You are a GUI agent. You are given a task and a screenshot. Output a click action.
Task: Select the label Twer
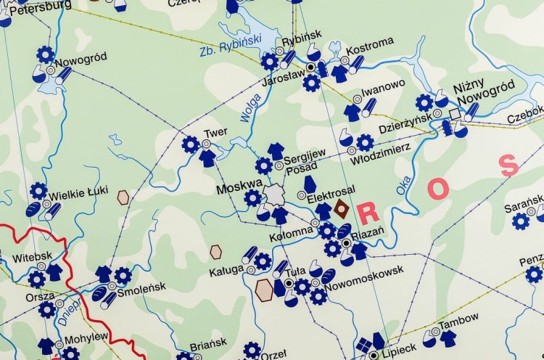pos(215,134)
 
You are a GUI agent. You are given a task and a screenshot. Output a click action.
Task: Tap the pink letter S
pos(510,165)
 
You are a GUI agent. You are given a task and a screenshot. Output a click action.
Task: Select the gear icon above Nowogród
pos(45,54)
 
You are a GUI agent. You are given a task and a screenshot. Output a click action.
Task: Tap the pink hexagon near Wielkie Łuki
pos(123,197)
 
